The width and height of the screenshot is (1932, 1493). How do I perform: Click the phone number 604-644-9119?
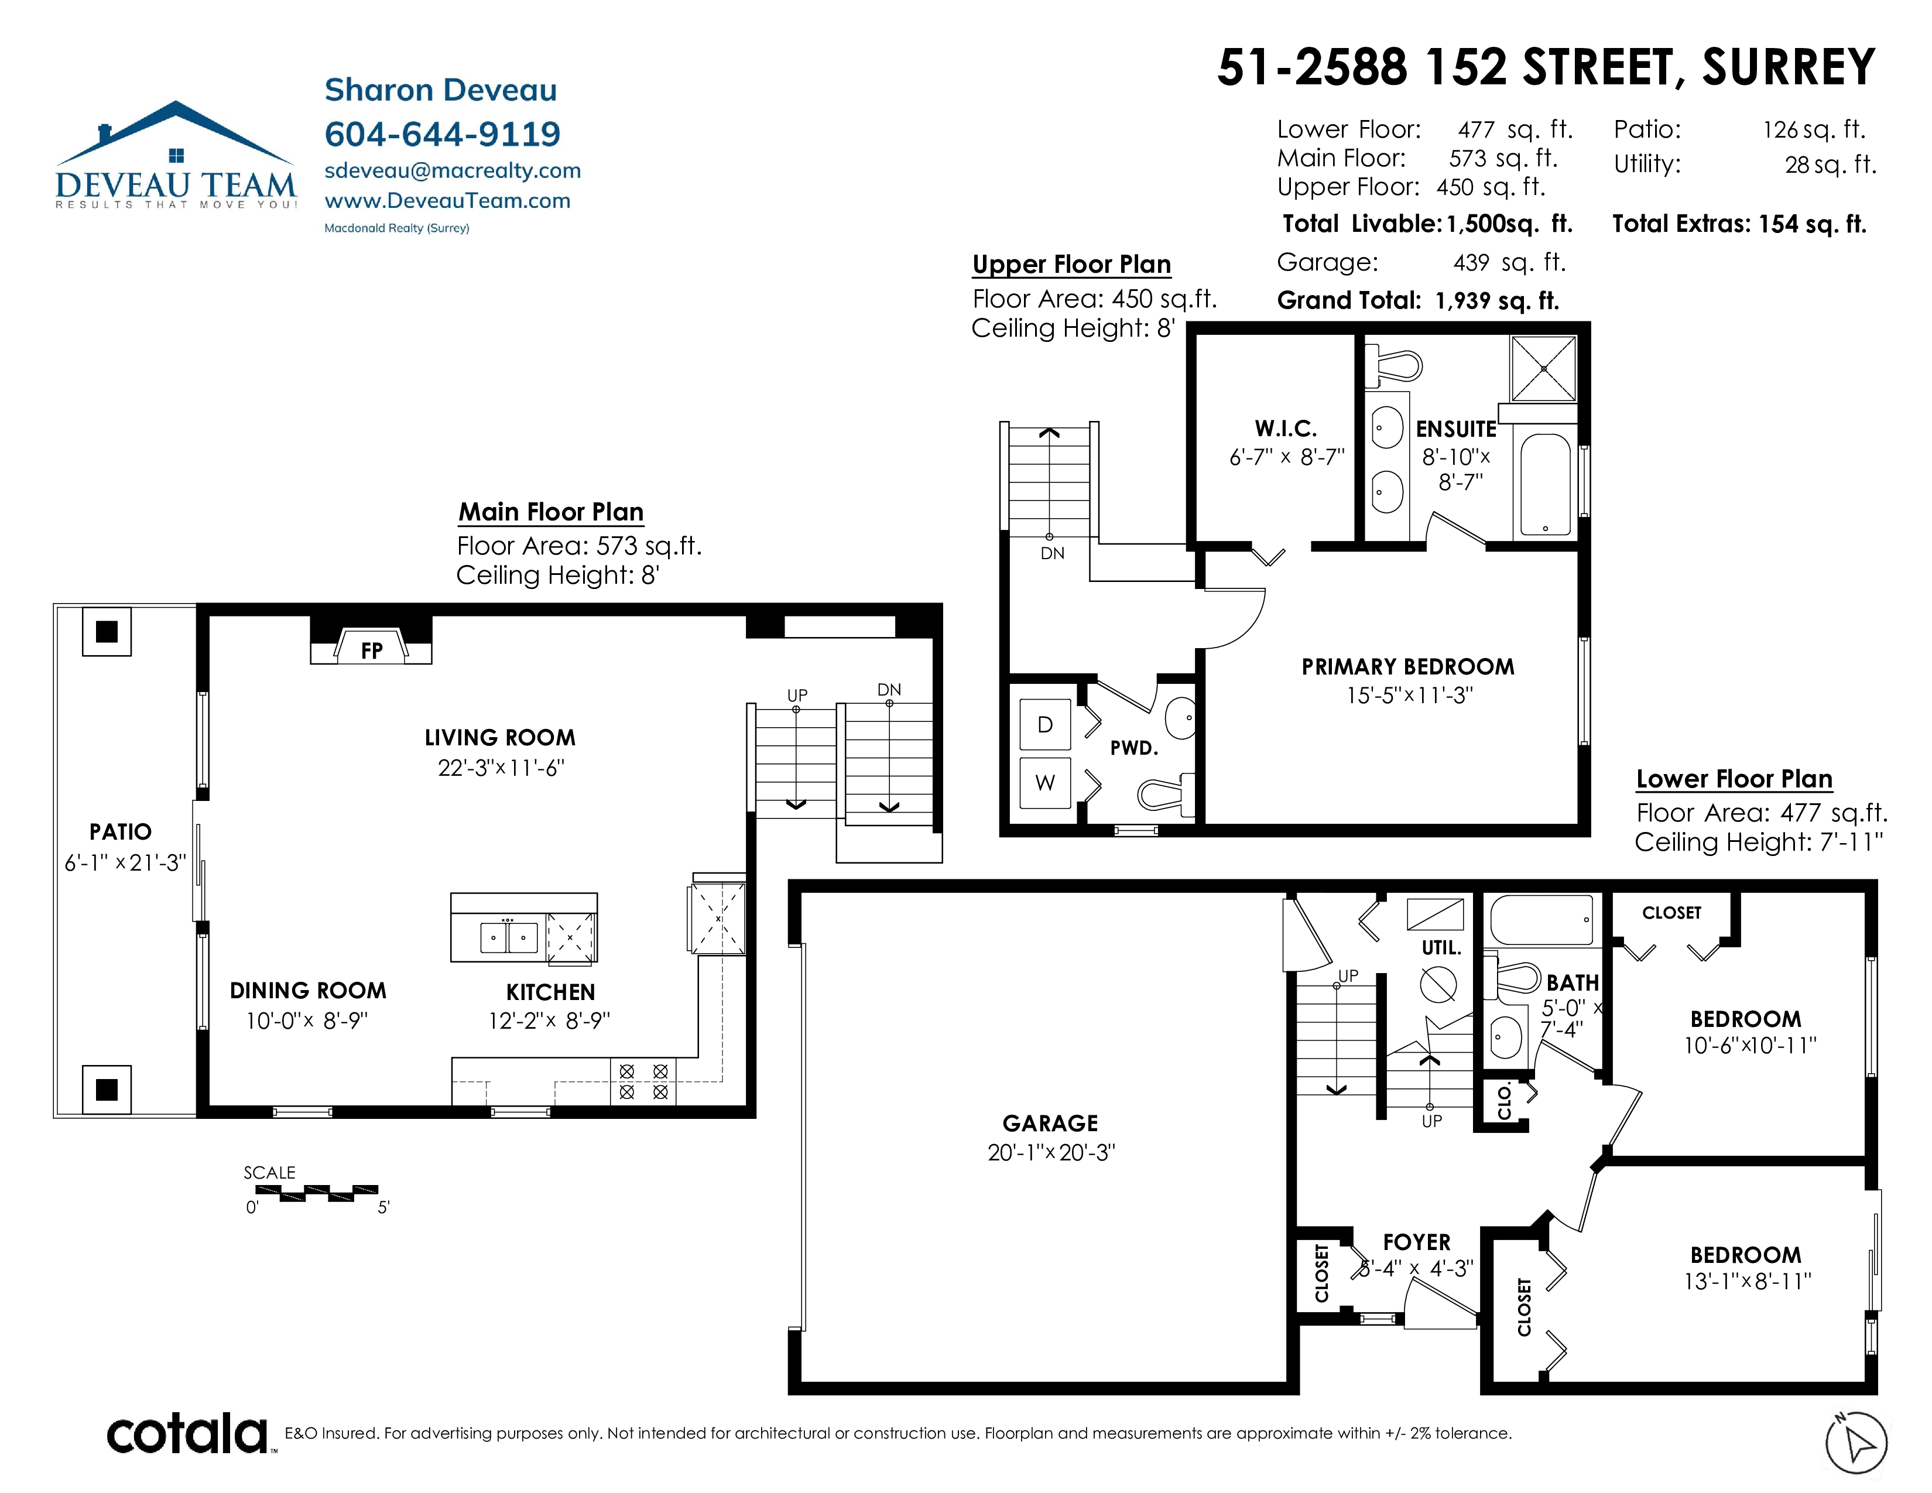click(442, 133)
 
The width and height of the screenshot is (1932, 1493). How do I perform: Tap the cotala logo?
click(187, 1434)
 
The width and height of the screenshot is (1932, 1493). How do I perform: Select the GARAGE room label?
click(1050, 1124)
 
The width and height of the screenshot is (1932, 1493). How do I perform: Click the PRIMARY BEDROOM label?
click(1407, 667)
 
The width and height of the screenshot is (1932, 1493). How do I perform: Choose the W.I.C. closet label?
click(1285, 429)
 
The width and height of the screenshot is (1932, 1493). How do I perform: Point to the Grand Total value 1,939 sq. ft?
click(1497, 301)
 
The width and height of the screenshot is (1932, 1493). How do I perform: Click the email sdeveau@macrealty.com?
click(452, 171)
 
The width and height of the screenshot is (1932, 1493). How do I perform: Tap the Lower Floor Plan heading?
click(1734, 779)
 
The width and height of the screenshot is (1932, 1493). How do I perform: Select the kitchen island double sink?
click(509, 937)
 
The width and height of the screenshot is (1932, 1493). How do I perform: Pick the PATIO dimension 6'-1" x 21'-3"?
click(125, 862)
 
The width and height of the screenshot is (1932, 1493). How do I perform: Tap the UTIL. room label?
click(1440, 947)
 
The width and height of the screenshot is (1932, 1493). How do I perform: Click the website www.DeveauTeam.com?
click(448, 201)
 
